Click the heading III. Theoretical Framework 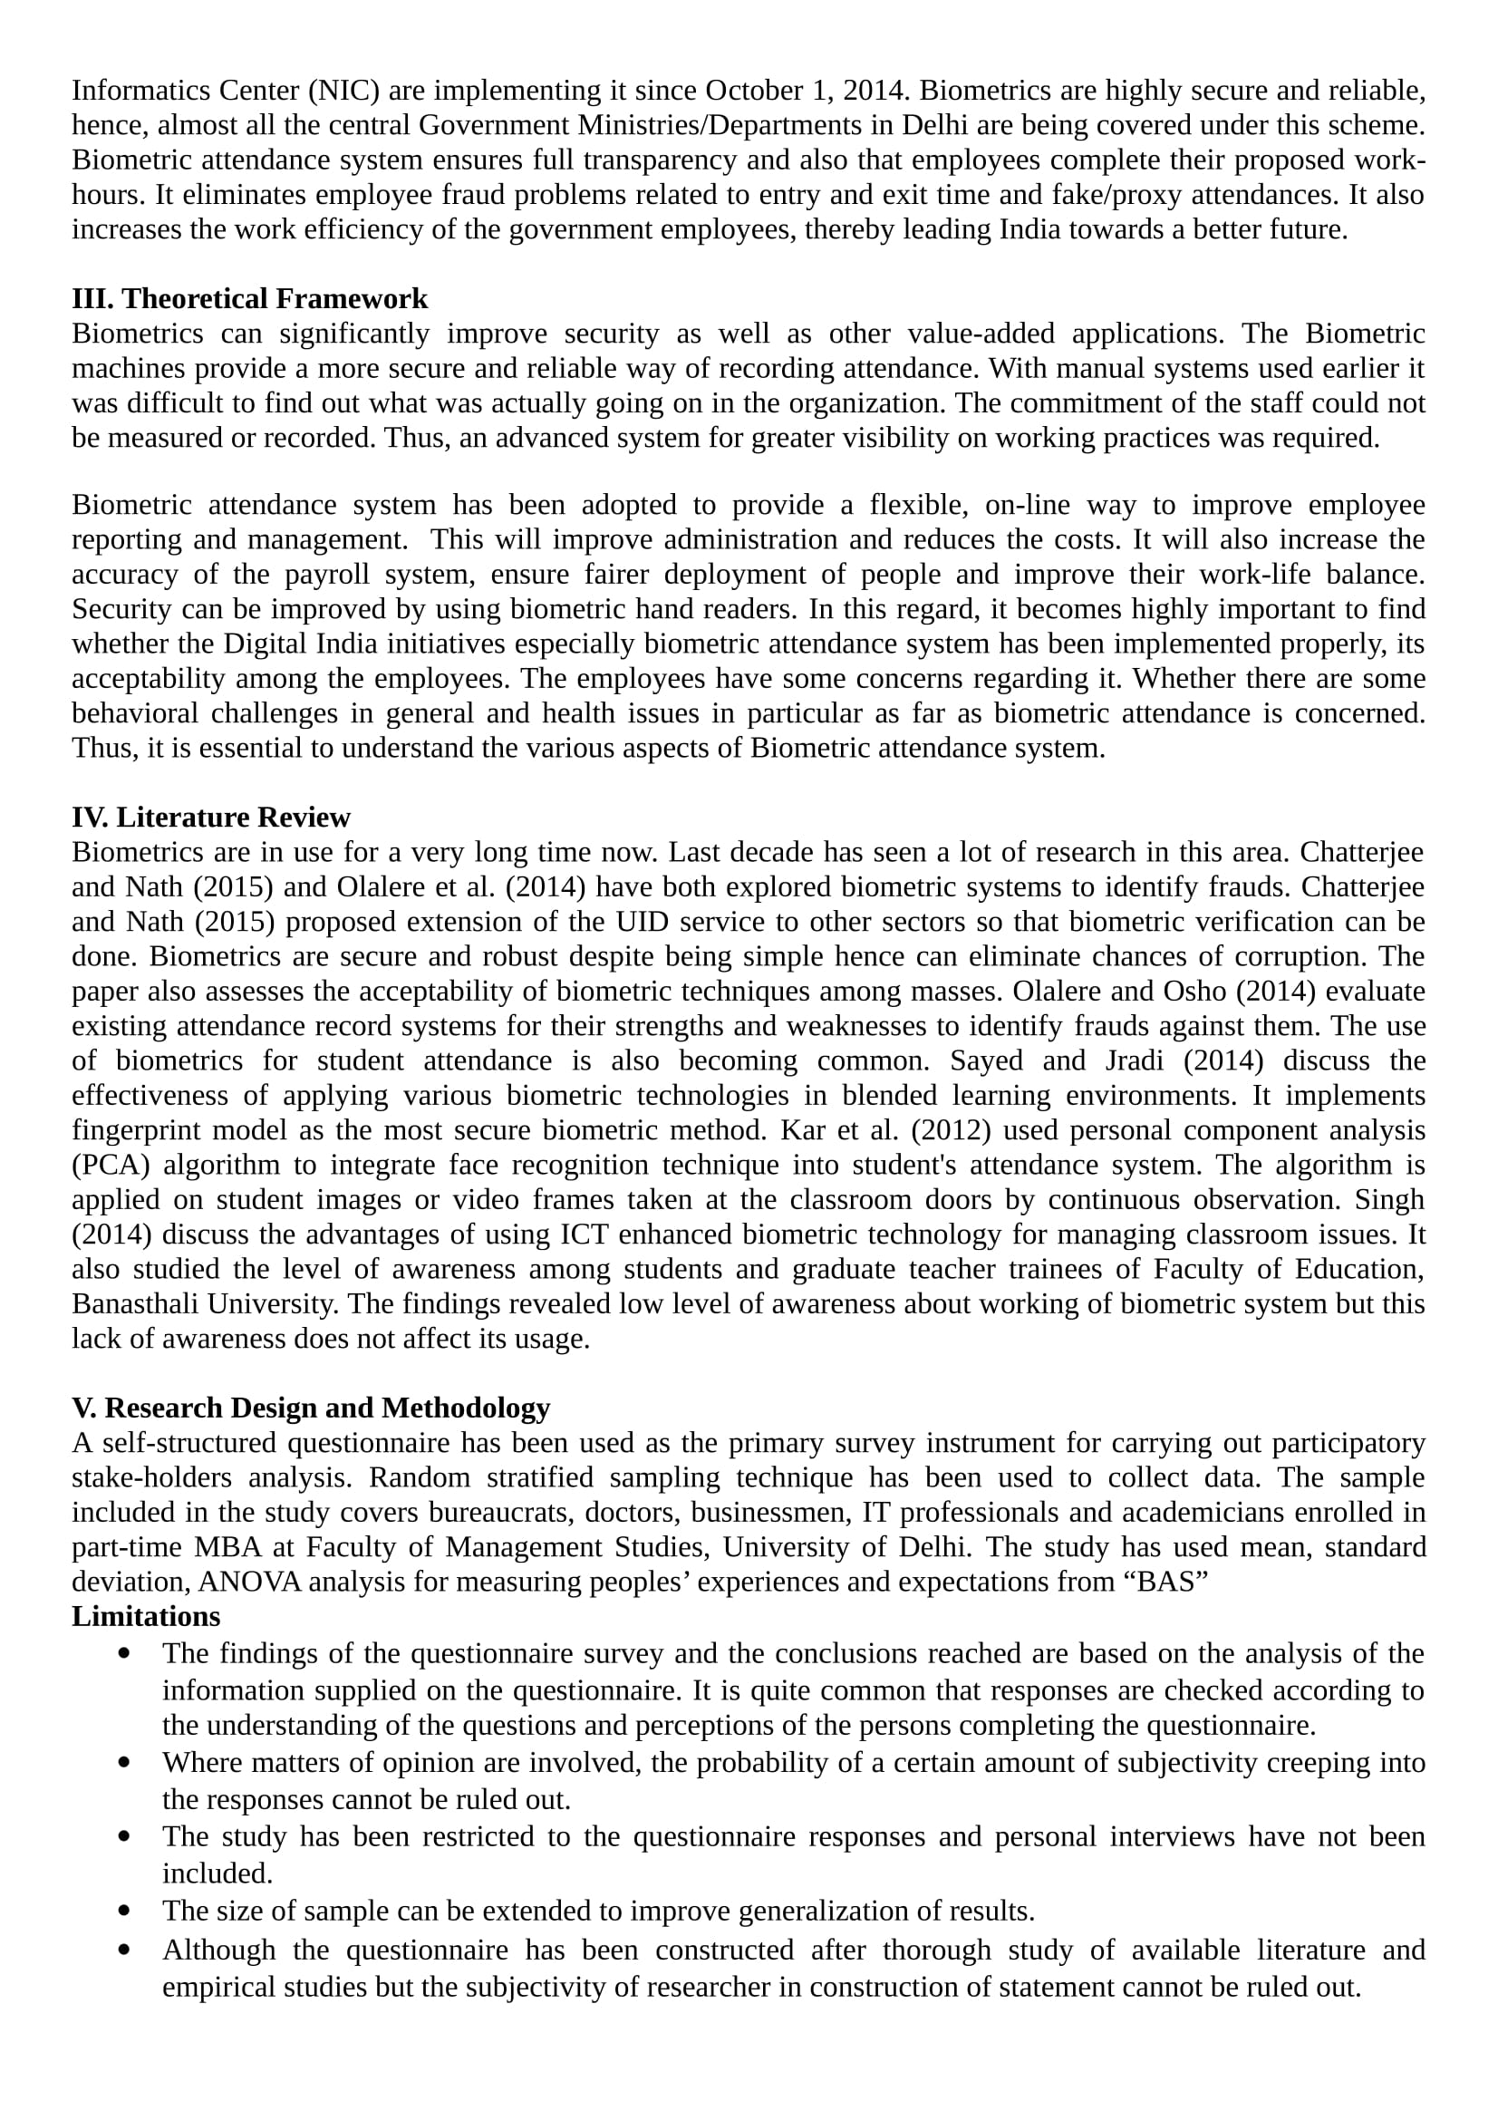(249, 298)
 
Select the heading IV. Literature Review (211, 818)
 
